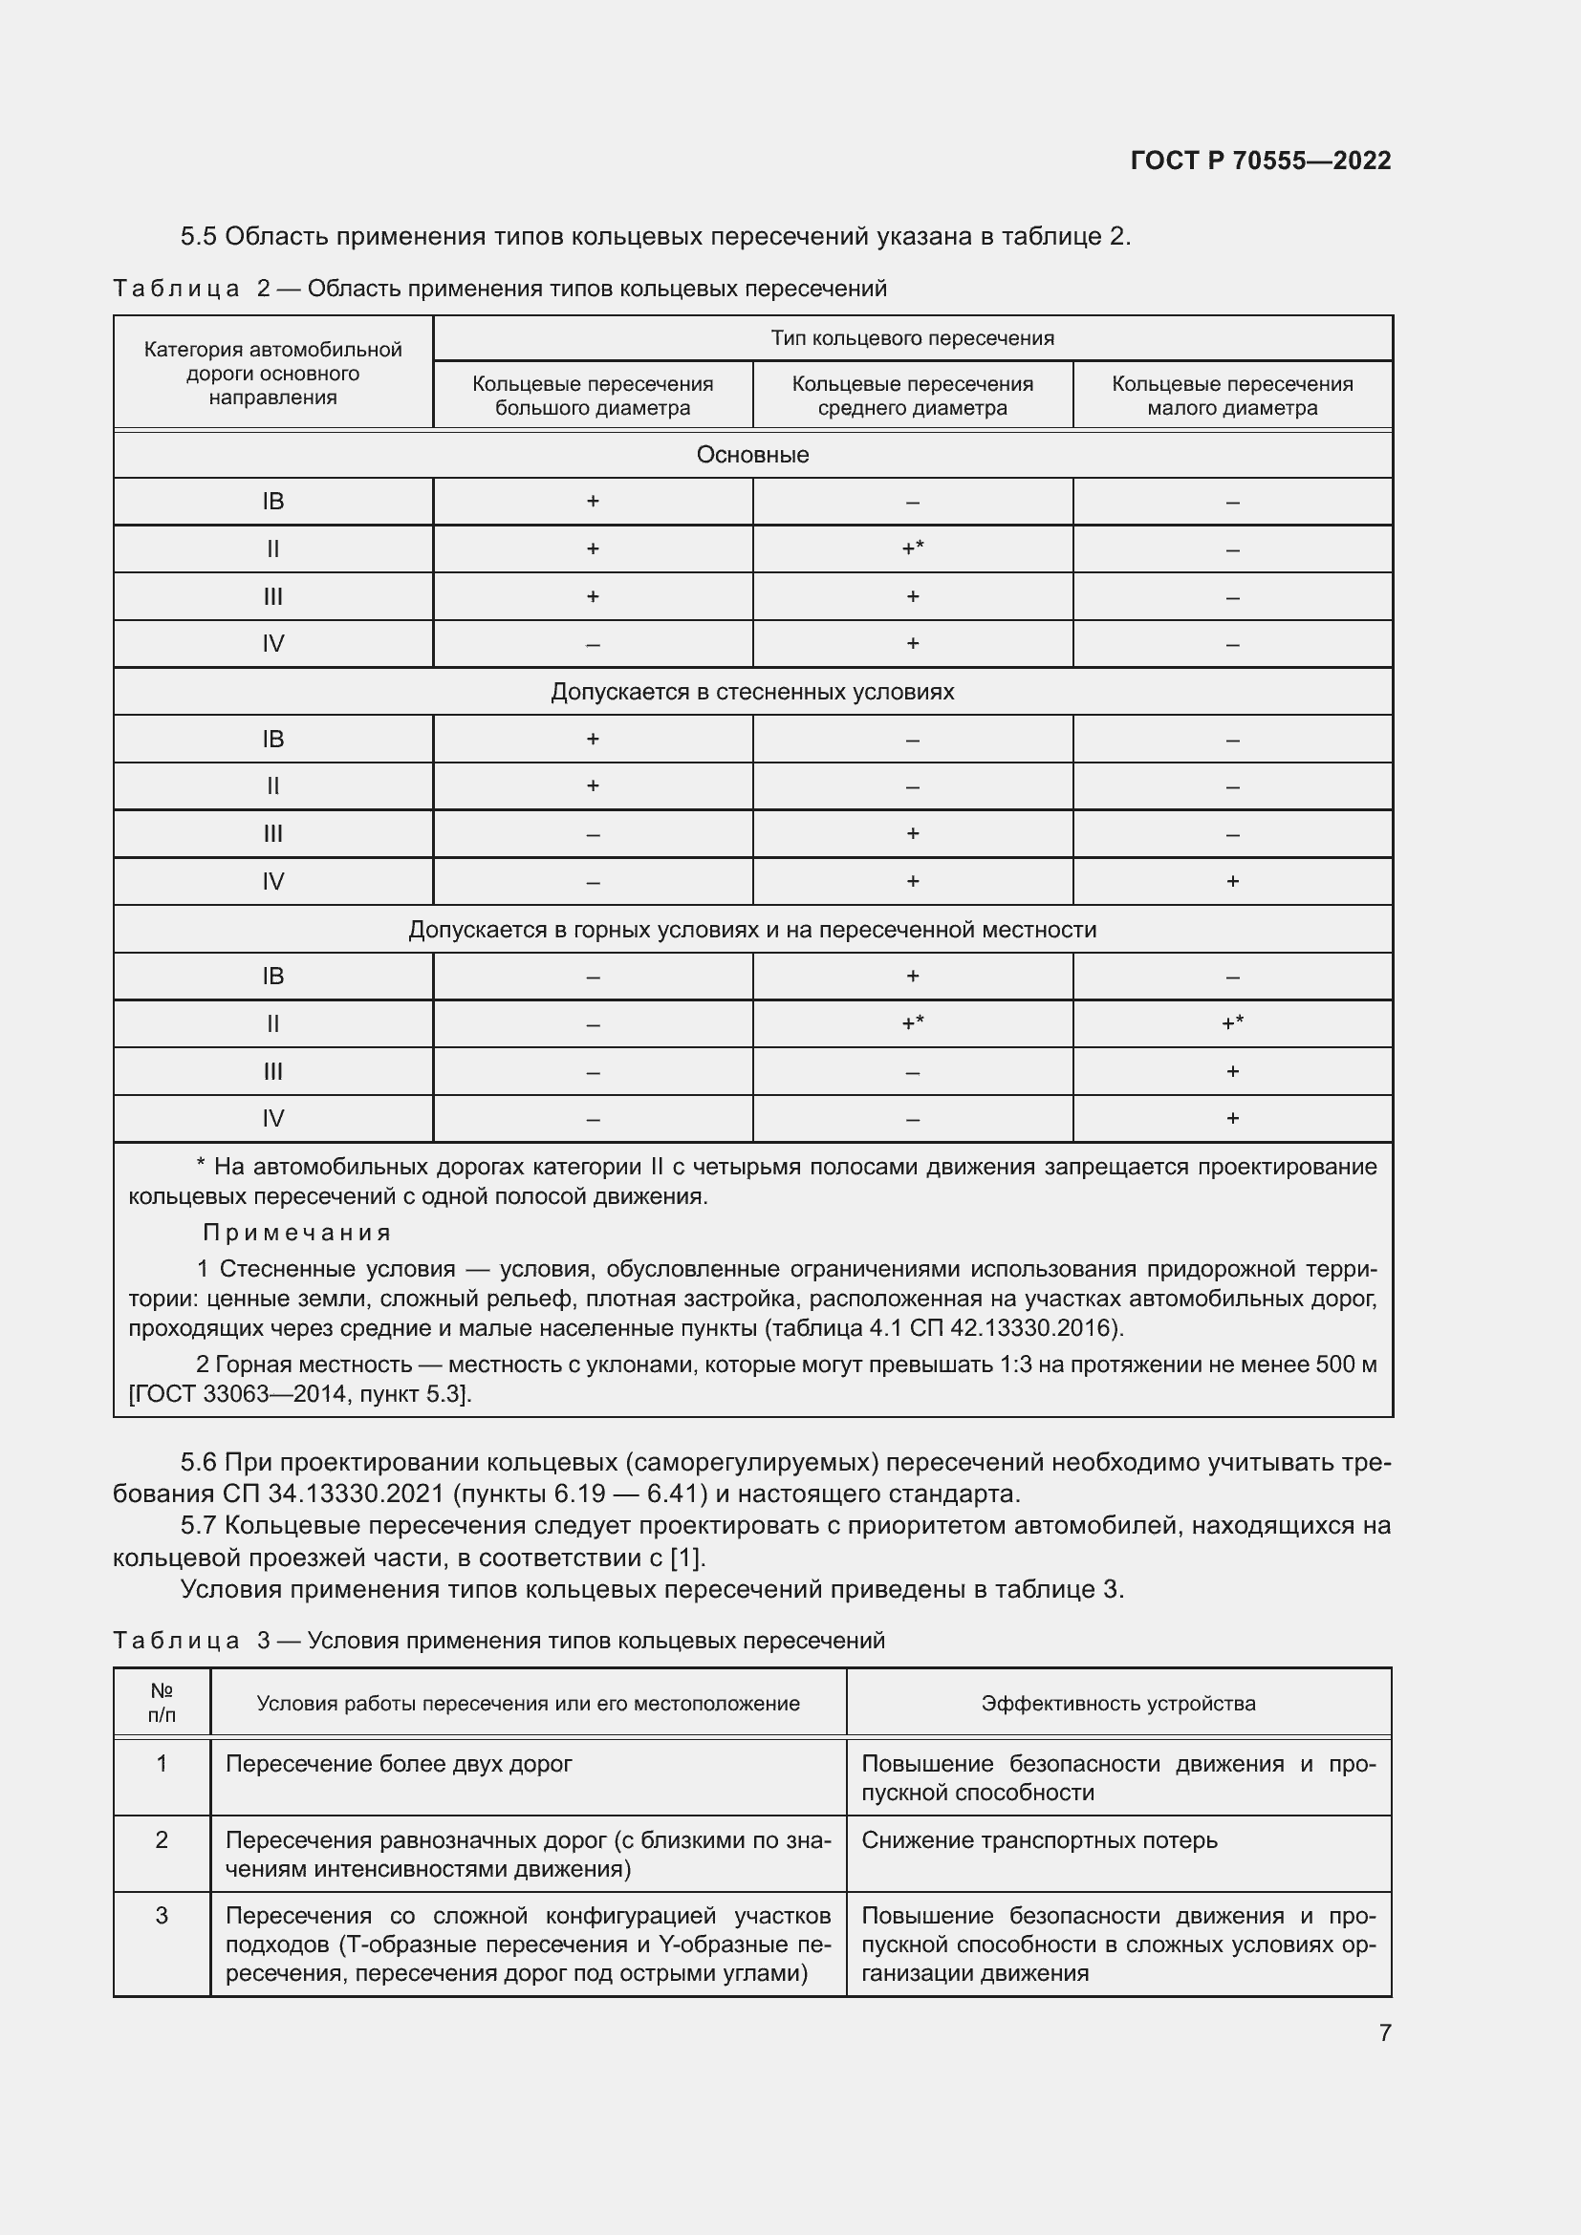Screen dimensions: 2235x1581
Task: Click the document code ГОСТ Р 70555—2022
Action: (1260, 161)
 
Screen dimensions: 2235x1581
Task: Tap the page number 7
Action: (1384, 2031)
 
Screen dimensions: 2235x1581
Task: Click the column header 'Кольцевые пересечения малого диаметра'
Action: (1231, 396)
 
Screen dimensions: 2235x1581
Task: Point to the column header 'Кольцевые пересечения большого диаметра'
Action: (592, 396)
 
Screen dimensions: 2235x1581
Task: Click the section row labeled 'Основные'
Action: (752, 455)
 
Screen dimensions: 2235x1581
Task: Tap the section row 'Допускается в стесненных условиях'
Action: (752, 692)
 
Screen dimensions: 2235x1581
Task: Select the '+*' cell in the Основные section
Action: (912, 549)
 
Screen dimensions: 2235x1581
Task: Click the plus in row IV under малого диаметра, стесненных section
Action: (1231, 881)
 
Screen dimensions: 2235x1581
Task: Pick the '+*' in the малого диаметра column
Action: (1231, 1023)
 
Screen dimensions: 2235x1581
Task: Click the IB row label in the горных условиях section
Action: (272, 977)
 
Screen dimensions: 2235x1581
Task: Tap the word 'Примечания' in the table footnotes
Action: (296, 1233)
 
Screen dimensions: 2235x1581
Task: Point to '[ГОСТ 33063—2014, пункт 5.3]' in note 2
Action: (300, 1394)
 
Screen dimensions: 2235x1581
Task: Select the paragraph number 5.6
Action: (199, 1462)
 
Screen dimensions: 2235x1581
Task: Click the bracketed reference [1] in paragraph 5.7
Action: (686, 1558)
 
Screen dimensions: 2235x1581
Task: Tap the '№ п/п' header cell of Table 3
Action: (162, 1703)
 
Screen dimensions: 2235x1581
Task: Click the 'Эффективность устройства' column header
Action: (1117, 1704)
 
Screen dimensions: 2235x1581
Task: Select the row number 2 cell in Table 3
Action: (162, 1839)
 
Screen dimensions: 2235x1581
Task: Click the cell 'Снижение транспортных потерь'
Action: (1039, 1840)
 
